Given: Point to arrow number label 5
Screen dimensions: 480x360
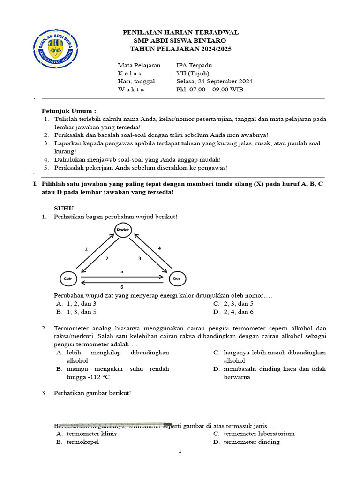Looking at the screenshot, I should (122, 271).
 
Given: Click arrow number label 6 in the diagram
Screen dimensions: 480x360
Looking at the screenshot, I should (122, 286).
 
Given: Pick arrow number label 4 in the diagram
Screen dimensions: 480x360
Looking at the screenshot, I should (159, 247).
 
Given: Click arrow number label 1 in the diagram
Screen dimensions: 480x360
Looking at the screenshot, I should (86, 249).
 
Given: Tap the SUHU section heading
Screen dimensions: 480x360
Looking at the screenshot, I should (64, 208).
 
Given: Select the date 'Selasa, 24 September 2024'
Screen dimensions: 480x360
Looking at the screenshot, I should (214, 81).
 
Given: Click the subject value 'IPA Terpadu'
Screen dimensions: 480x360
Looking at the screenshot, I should (194, 65).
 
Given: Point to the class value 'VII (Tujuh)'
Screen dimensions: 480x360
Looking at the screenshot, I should (193, 73).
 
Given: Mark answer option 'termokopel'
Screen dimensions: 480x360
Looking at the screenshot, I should (83, 442).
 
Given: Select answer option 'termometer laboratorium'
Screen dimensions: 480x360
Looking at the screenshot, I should (259, 434).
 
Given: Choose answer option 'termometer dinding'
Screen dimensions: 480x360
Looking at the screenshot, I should (252, 442).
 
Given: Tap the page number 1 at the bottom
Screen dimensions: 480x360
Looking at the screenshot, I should (180, 451).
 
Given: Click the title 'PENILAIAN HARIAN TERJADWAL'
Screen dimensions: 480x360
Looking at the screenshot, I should (180, 32).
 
